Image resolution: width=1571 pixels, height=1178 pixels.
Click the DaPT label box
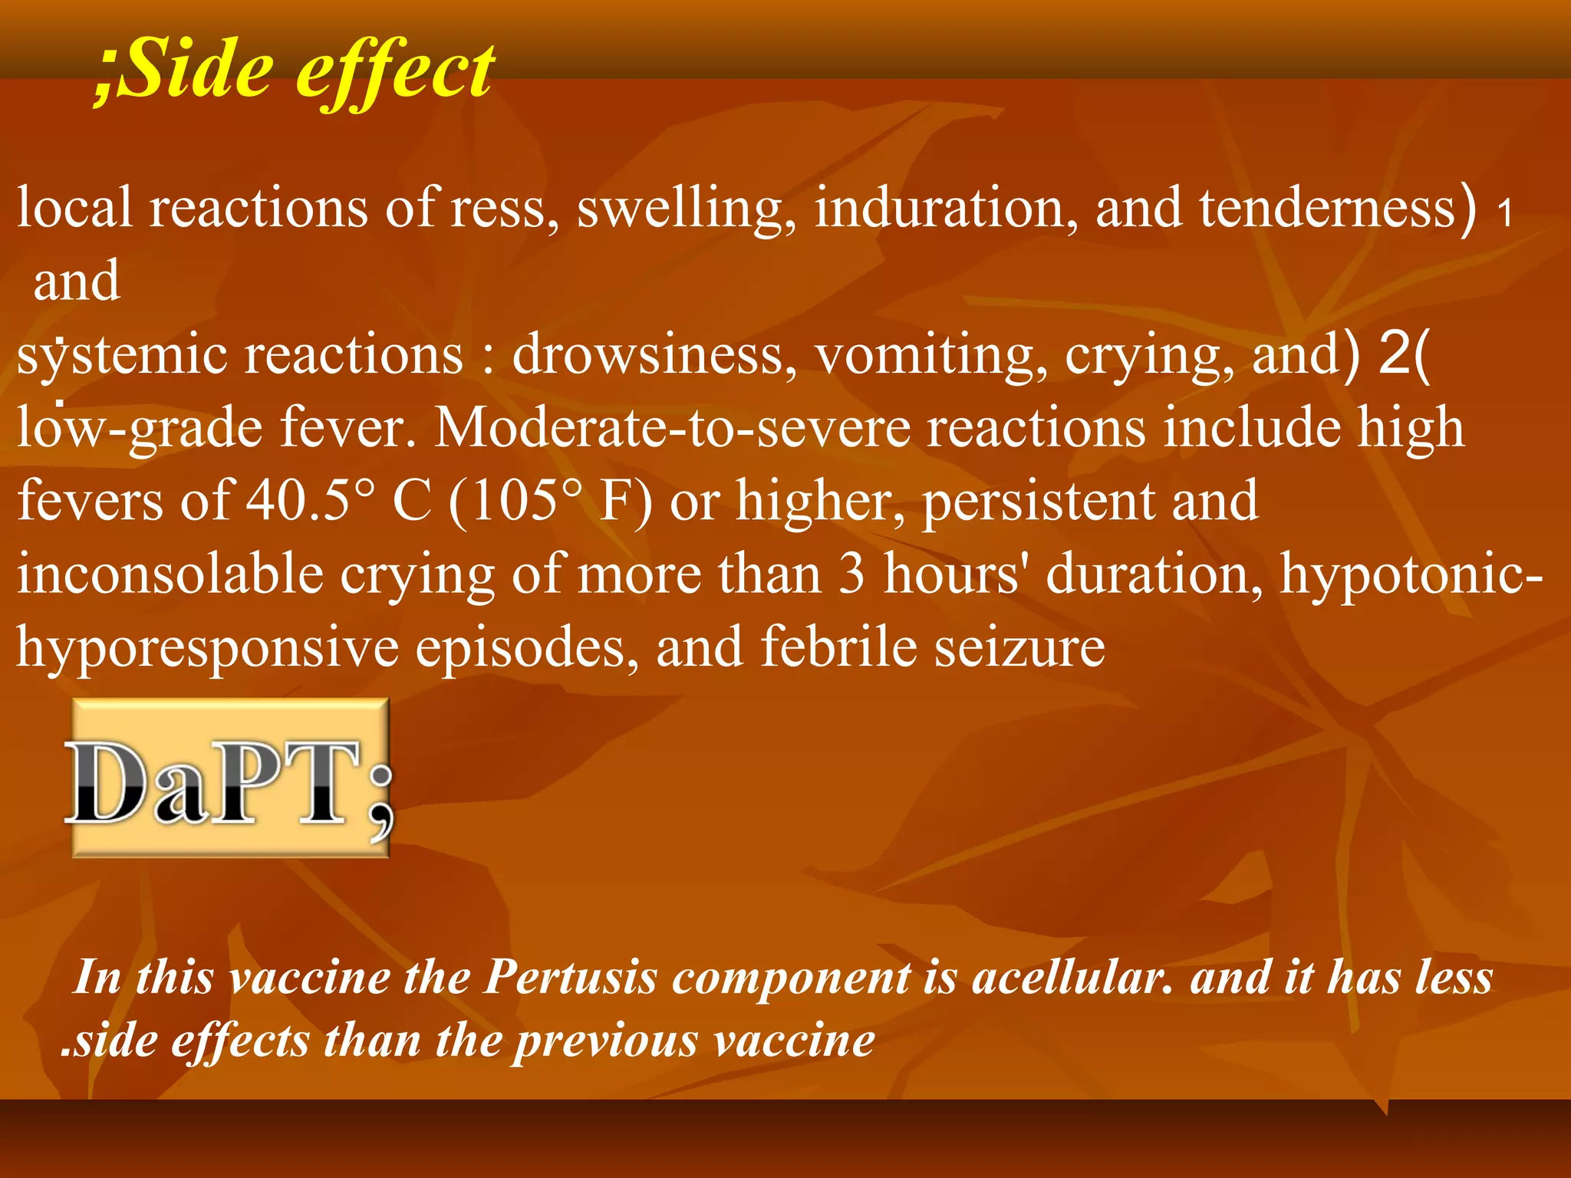[230, 778]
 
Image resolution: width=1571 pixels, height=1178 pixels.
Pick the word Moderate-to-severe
[672, 427]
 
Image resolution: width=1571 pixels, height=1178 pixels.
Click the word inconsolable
[170, 574]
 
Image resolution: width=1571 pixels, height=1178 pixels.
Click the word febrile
[838, 647]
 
